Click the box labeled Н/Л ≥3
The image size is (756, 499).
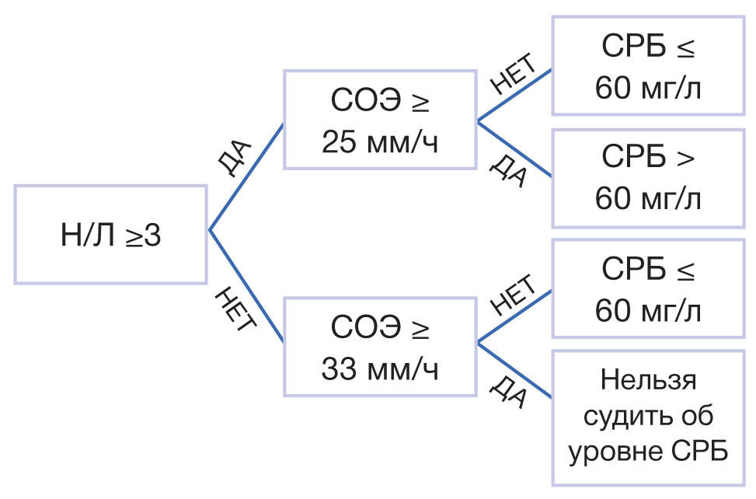[111, 234]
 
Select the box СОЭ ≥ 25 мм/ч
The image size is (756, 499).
[379, 120]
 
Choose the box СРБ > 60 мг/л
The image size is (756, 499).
[648, 178]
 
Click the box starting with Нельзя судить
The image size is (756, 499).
[648, 418]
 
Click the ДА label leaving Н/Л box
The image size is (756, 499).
[233, 159]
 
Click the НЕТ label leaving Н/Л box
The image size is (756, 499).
[233, 309]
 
